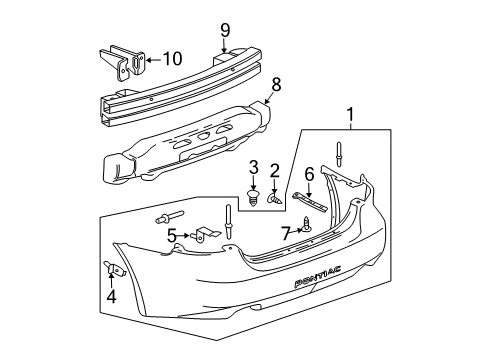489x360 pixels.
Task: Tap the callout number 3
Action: click(254, 165)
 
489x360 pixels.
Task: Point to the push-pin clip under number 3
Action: click(254, 196)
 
